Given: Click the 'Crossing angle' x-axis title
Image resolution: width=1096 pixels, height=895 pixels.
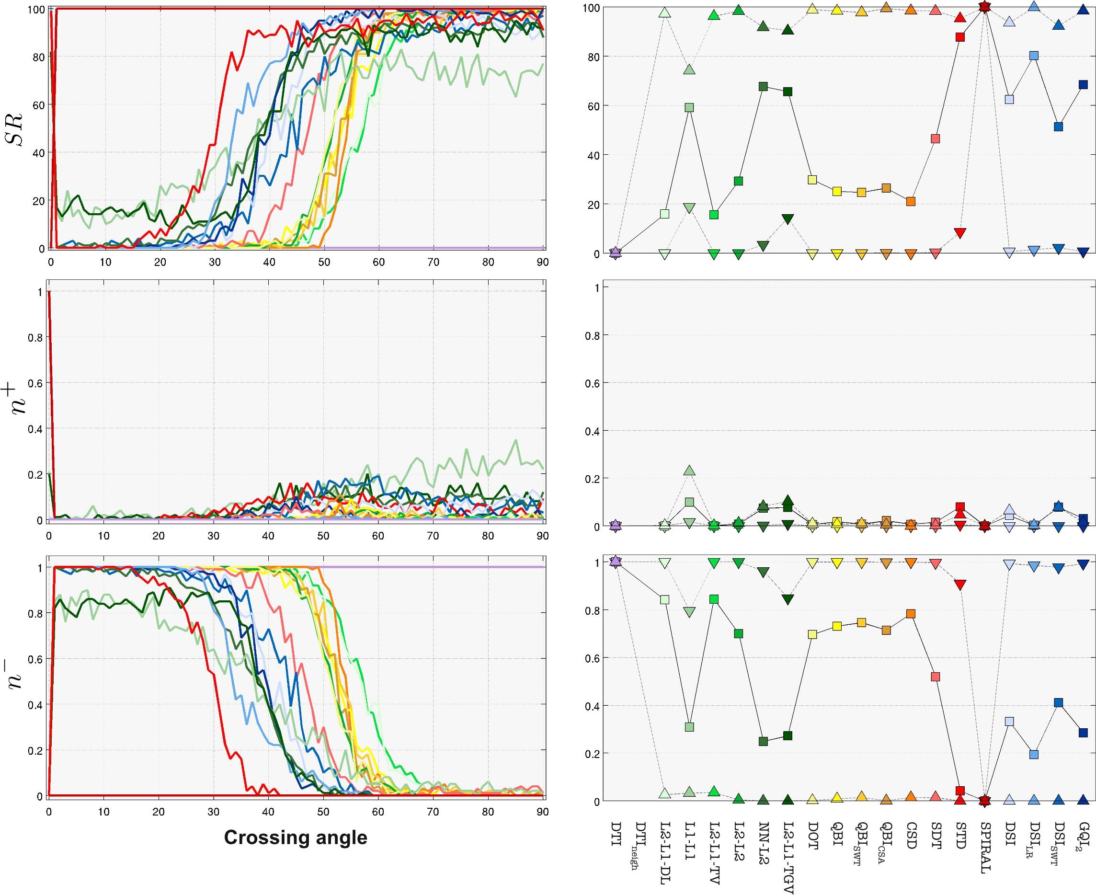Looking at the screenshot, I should [x=296, y=837].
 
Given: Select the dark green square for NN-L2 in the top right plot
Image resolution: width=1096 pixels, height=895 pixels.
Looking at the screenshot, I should [x=764, y=86].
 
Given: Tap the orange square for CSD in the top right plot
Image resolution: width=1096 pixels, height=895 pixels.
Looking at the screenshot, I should [x=911, y=201].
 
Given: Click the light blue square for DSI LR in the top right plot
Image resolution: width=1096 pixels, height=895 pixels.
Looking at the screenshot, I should [x=1034, y=56].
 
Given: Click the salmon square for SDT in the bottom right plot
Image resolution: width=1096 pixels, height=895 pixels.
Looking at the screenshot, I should [x=935, y=677].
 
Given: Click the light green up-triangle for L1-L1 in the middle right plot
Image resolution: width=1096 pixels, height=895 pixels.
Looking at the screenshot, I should [x=689, y=470].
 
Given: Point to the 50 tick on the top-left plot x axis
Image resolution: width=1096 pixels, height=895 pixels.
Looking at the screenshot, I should [x=324, y=262].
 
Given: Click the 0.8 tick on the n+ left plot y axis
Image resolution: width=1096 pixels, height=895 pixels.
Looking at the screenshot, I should [x=34, y=337].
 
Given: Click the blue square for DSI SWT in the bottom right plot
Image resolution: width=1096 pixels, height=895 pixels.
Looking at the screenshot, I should [x=1058, y=703].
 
